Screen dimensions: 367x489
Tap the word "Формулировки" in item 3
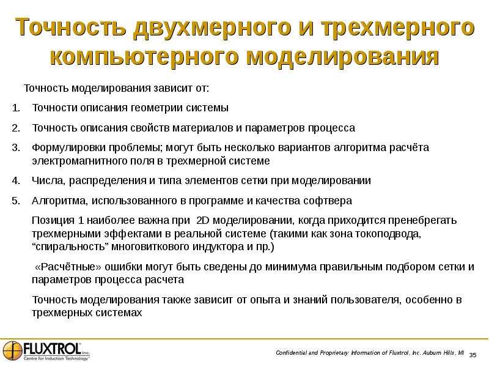65,148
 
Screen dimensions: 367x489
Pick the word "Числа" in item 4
46,181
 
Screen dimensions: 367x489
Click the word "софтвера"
331,201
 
